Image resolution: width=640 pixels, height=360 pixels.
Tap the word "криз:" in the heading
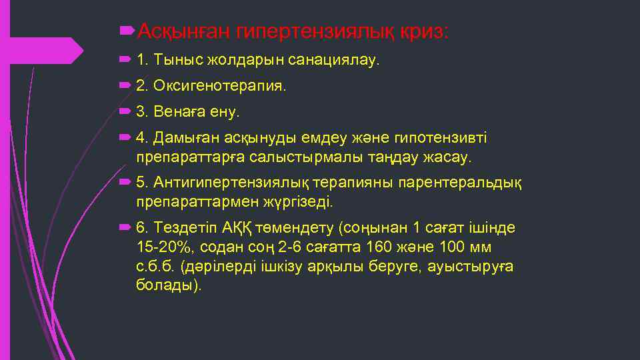(x=425, y=31)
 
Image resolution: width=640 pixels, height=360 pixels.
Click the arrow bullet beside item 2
(x=125, y=85)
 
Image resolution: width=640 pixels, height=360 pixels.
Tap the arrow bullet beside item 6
(x=125, y=227)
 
